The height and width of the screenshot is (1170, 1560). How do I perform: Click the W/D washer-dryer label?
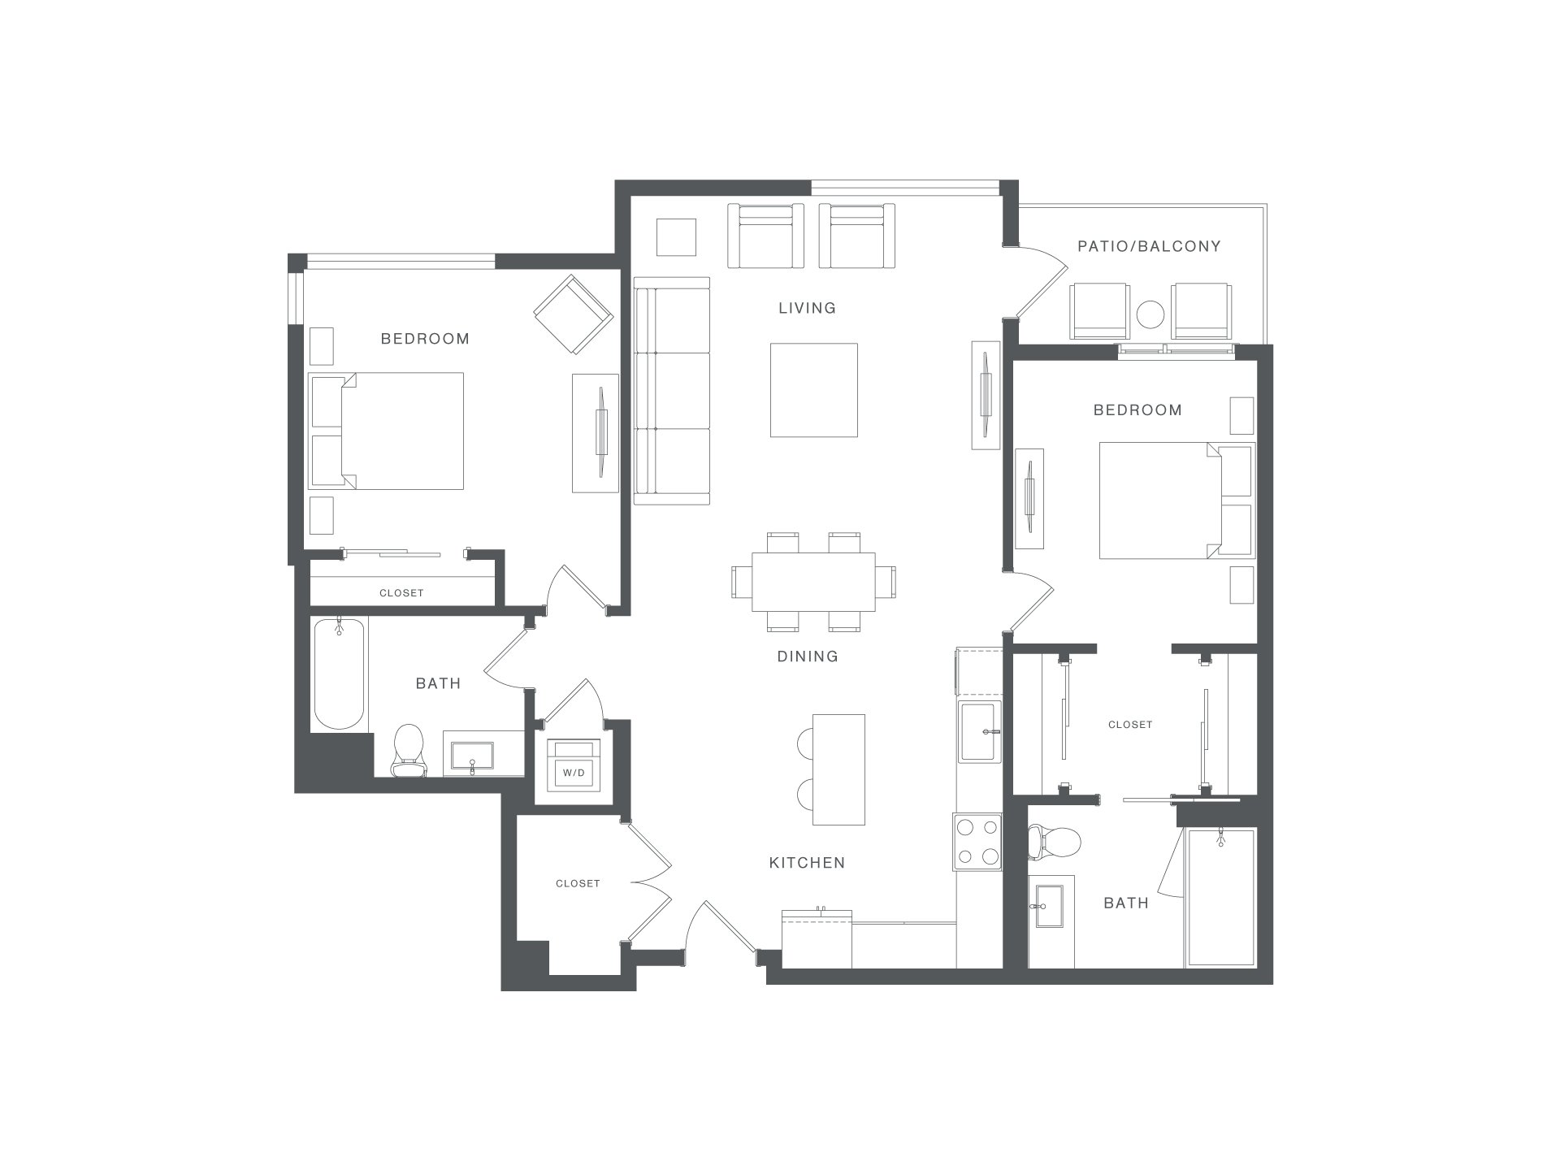(x=574, y=773)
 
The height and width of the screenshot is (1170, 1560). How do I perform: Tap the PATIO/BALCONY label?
(x=1149, y=246)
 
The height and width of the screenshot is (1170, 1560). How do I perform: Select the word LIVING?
(x=807, y=308)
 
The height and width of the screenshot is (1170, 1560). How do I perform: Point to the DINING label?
(x=807, y=656)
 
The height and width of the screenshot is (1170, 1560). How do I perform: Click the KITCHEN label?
(x=807, y=863)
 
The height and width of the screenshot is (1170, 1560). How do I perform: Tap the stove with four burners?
(x=977, y=842)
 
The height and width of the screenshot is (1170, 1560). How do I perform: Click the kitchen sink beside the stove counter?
(x=981, y=731)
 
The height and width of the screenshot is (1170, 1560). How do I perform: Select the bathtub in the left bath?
(x=339, y=674)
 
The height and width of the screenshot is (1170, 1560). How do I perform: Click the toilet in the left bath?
(x=409, y=751)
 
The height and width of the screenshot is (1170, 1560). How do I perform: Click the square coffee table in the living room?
(x=814, y=390)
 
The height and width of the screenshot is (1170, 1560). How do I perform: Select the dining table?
(x=813, y=582)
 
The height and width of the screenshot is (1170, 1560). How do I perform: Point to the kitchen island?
(x=839, y=769)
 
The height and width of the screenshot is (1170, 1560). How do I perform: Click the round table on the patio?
(x=1150, y=314)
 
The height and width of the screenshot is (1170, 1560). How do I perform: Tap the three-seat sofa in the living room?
(x=672, y=390)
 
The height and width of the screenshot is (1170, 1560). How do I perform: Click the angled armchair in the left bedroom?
(x=573, y=314)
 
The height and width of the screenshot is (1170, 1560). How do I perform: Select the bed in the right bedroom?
(x=1176, y=500)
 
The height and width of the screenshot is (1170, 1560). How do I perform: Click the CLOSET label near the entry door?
(x=578, y=883)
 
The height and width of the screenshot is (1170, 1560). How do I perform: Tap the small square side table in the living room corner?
(x=677, y=238)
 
